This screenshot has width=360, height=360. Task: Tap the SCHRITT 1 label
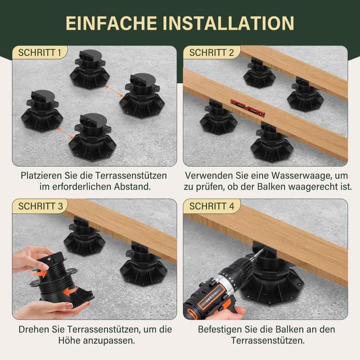click(x=40, y=52)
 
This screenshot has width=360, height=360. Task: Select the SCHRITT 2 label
click(x=211, y=52)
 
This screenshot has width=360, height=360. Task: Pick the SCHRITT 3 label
click(x=40, y=206)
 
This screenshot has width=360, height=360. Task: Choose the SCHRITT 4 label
click(x=211, y=206)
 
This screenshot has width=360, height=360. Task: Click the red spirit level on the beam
click(x=247, y=107)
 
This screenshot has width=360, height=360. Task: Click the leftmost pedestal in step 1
click(x=41, y=112)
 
